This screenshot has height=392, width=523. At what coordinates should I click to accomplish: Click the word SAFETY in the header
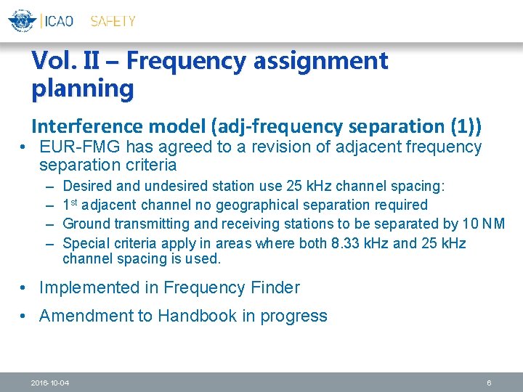pyautogui.click(x=113, y=21)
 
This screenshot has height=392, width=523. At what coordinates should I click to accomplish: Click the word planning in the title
pyautogui.click(x=83, y=89)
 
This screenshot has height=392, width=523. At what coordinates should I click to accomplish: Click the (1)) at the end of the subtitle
pyautogui.click(x=464, y=126)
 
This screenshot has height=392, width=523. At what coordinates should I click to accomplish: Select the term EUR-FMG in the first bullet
pyautogui.click(x=80, y=147)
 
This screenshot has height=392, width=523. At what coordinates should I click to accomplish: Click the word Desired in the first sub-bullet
pyautogui.click(x=86, y=187)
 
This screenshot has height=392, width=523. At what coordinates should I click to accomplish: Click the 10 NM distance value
pyautogui.click(x=483, y=224)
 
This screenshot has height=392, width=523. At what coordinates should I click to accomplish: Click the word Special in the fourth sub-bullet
pyautogui.click(x=86, y=243)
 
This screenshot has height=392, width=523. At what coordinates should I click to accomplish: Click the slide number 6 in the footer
pyautogui.click(x=490, y=383)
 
